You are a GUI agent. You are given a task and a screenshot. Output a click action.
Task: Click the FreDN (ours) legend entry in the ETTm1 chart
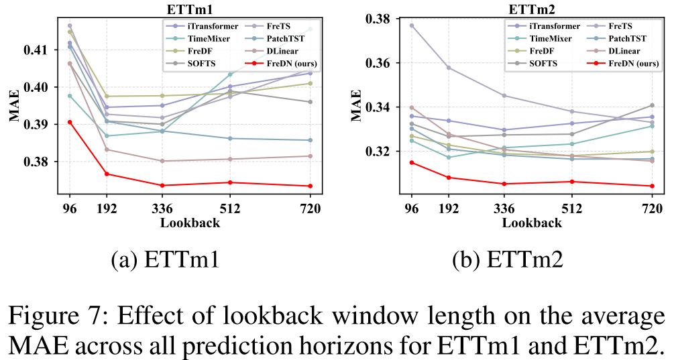282,64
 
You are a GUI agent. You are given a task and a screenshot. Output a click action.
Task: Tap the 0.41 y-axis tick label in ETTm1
36,50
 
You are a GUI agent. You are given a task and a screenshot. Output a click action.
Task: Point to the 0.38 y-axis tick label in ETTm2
377,19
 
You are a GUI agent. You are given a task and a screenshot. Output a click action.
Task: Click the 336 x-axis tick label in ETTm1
162,208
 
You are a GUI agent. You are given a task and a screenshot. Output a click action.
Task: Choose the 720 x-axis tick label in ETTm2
652,208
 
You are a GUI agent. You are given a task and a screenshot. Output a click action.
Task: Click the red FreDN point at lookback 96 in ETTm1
70,123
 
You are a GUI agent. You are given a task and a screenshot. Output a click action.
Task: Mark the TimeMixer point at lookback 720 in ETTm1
311,29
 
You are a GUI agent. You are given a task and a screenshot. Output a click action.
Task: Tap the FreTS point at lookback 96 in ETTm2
411,25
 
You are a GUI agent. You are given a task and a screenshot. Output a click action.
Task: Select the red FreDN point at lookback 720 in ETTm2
652,186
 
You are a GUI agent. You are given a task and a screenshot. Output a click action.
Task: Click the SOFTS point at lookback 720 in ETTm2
652,105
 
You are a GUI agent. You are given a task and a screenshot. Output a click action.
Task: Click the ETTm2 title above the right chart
531,9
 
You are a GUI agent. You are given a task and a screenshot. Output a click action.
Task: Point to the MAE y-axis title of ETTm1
15,105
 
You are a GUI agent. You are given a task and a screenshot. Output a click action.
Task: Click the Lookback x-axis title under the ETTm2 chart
532,223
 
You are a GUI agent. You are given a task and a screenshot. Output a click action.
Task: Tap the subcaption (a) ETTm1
165,260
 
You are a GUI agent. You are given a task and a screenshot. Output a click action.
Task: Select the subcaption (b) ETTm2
508,260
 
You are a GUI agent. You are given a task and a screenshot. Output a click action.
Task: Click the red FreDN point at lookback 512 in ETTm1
229,182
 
